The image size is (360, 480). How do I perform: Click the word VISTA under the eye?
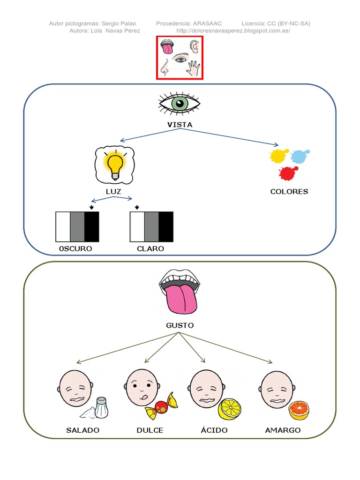[x=180, y=125]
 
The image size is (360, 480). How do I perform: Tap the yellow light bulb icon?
[x=115, y=165]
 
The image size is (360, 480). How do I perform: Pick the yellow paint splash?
[x=278, y=156]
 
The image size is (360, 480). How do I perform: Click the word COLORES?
[x=289, y=191]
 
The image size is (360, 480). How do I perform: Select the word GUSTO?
[x=180, y=325]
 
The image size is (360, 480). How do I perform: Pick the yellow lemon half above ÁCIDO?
[x=230, y=409]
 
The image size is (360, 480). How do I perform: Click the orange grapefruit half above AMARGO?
[x=299, y=411]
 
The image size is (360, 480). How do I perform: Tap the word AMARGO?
[x=283, y=430]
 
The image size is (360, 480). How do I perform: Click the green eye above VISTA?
[x=180, y=103]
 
